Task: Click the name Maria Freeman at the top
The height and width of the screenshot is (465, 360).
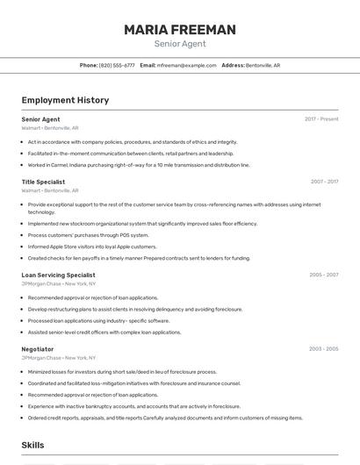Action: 179,30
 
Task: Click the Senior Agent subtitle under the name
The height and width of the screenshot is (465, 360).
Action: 179,43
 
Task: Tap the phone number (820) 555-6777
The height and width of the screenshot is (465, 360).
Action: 117,65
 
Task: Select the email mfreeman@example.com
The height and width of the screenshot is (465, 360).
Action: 186,65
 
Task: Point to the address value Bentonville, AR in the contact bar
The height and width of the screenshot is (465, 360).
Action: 263,65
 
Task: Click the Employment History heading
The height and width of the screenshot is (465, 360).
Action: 65,100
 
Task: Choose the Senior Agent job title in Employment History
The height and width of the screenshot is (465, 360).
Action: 40,118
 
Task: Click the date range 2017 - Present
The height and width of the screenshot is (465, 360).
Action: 321,118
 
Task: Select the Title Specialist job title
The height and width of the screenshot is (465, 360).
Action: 43,182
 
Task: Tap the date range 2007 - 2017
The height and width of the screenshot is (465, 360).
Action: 324,182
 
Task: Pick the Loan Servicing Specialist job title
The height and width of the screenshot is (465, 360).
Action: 58,275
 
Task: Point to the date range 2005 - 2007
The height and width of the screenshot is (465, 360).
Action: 323,275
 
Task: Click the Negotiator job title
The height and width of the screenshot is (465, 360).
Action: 38,349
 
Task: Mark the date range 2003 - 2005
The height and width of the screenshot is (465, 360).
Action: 323,349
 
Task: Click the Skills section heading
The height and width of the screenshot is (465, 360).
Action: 33,446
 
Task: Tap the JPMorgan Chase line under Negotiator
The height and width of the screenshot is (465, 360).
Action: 59,358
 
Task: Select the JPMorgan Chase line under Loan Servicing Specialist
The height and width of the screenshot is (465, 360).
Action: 59,283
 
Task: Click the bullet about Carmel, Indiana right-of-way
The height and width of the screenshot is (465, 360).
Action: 139,164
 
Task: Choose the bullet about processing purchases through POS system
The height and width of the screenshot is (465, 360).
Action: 88,235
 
